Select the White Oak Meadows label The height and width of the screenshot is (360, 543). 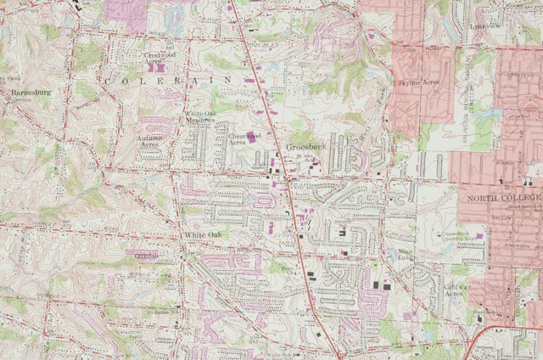[x=200, y=117]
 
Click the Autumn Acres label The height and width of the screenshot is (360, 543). [x=149, y=140]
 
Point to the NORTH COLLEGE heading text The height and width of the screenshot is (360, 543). [x=501, y=198]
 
